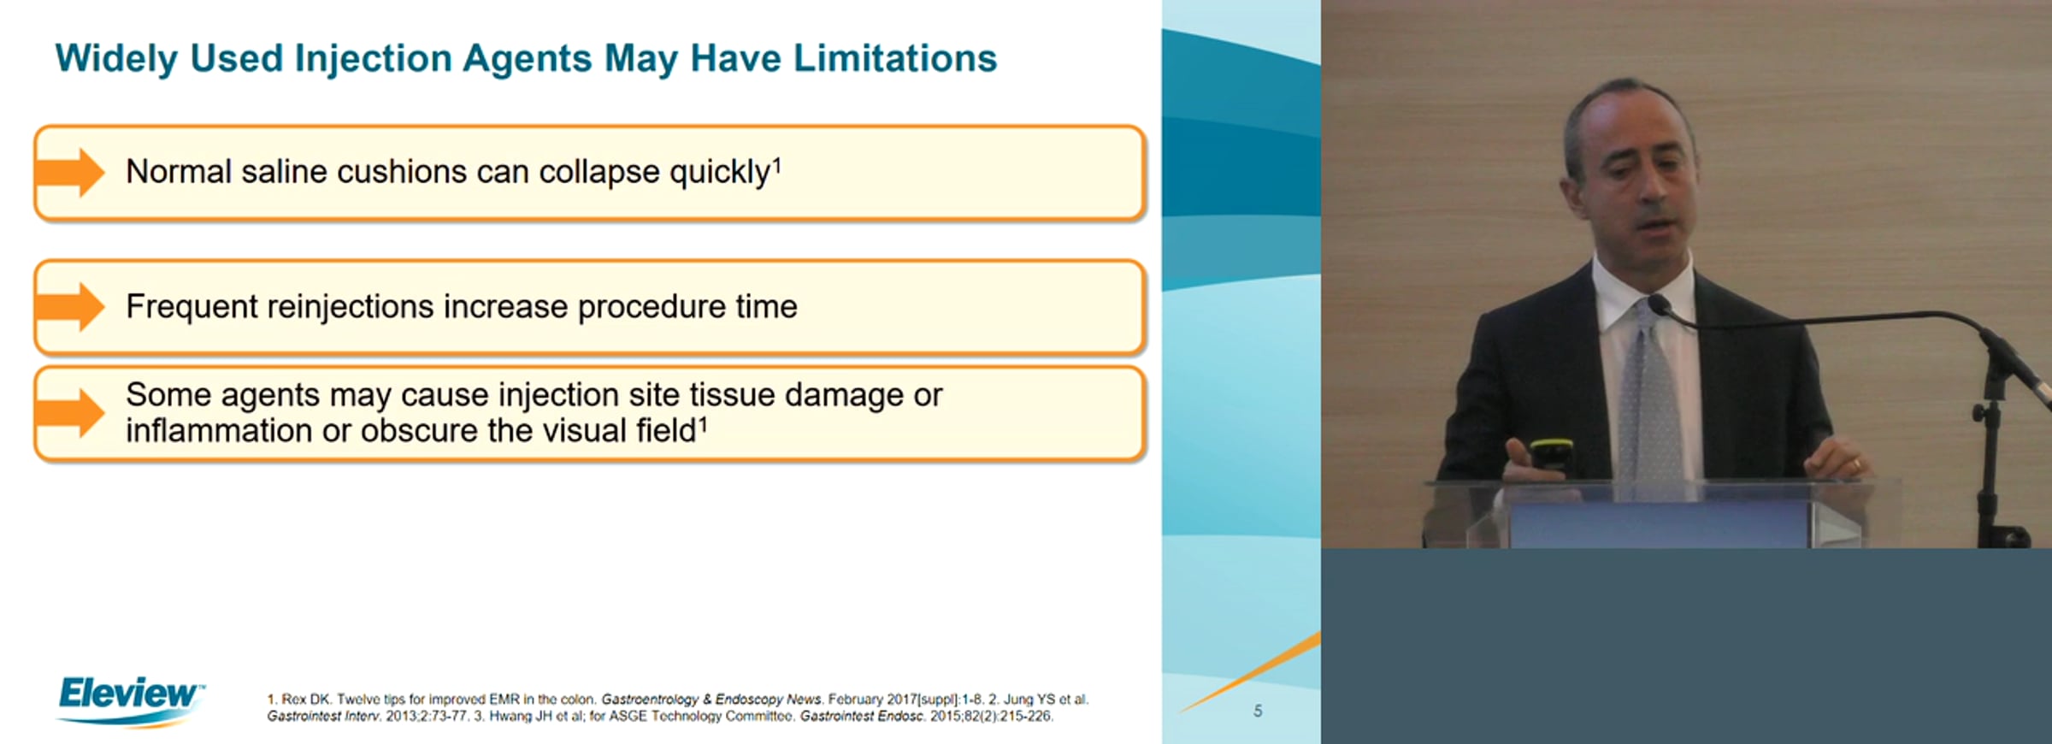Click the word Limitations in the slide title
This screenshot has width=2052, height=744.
(895, 58)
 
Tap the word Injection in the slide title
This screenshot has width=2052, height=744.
(373, 58)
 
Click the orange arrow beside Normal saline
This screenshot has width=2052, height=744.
(70, 172)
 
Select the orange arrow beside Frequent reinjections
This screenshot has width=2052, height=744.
(70, 306)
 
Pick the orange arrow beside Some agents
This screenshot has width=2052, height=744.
(70, 412)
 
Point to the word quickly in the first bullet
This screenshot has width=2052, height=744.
(720, 173)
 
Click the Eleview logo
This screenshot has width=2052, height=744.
(130, 700)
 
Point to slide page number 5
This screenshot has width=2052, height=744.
(1258, 711)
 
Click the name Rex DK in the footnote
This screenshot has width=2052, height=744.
(305, 700)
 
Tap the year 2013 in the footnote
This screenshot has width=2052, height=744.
(400, 717)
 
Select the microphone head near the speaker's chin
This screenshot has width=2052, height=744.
(1660, 304)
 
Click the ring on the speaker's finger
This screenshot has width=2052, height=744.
(1855, 464)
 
